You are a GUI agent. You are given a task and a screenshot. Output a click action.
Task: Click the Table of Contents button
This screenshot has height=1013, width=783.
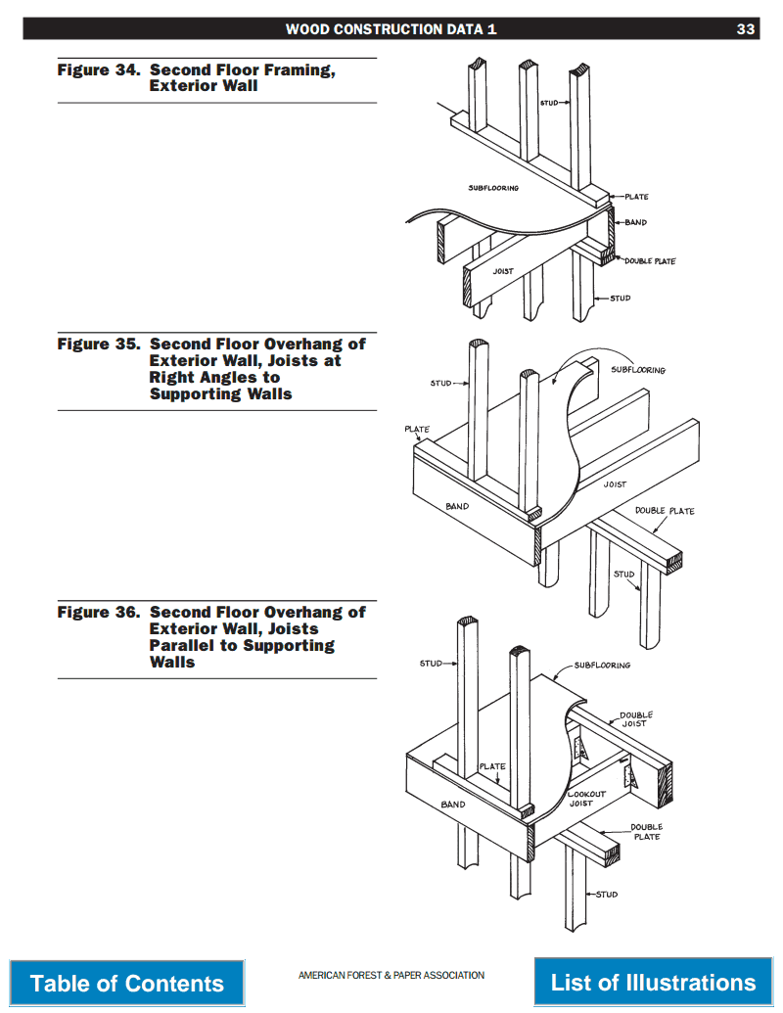(x=127, y=983)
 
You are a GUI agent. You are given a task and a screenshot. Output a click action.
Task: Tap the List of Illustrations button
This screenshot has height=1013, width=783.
(x=653, y=982)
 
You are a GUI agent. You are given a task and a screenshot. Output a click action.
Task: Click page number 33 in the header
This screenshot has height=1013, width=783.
(x=746, y=29)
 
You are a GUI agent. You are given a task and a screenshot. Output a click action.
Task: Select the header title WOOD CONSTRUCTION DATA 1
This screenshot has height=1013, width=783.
(x=391, y=29)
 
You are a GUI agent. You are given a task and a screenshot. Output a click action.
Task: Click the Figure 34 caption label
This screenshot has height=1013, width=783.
(x=98, y=70)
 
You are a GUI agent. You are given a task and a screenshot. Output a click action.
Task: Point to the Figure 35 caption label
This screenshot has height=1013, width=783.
(x=98, y=345)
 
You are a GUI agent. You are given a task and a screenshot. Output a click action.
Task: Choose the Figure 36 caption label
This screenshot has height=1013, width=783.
(x=98, y=613)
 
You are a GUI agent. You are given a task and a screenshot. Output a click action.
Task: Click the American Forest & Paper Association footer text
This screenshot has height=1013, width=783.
(x=391, y=975)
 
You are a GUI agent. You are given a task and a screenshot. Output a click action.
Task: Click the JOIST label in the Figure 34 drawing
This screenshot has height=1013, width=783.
(x=503, y=271)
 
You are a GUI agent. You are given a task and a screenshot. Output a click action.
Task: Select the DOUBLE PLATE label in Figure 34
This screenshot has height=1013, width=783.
(x=650, y=261)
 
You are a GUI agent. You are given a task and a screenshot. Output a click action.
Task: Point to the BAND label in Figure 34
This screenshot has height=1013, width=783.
(x=636, y=222)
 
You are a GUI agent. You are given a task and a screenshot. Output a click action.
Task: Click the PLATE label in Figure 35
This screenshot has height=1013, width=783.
(x=417, y=430)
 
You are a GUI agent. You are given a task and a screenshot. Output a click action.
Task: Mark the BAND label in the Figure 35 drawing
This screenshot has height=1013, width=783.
(x=457, y=506)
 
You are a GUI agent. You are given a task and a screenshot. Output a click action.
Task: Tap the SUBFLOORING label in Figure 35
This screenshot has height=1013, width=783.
(x=638, y=370)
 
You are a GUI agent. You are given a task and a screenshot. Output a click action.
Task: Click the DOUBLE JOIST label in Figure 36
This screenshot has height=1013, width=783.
(x=636, y=719)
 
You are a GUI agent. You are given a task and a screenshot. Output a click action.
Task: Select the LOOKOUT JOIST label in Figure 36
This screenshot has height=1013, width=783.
(x=586, y=799)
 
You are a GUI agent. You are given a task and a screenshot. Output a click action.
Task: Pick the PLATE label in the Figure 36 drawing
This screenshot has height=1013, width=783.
(x=492, y=766)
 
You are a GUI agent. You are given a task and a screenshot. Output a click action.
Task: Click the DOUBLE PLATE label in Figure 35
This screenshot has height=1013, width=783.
(x=665, y=511)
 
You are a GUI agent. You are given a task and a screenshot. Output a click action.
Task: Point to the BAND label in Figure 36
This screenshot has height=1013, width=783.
(x=453, y=805)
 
